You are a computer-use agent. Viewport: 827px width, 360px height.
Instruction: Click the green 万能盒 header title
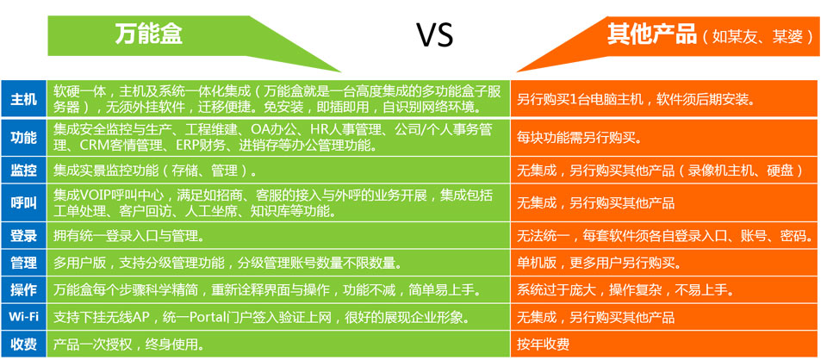[149, 34]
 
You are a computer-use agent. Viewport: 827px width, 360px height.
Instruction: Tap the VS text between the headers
[435, 35]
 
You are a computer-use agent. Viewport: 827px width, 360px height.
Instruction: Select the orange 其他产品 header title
[651, 34]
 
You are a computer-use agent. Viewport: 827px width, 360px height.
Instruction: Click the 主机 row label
[24, 98]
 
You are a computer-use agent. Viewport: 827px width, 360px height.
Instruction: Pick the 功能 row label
[24, 137]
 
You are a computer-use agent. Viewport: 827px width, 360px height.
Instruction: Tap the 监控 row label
[24, 171]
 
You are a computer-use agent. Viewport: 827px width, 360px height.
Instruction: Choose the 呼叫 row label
[24, 203]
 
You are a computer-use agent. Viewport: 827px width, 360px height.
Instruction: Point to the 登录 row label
[24, 236]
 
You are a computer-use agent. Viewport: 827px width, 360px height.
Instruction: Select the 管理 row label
[24, 263]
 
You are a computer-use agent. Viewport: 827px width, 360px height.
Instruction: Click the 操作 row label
[24, 289]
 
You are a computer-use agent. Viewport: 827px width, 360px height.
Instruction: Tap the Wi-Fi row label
[24, 317]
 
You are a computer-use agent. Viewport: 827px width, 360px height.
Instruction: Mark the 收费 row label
[24, 344]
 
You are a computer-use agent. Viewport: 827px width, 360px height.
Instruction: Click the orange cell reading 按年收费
[544, 344]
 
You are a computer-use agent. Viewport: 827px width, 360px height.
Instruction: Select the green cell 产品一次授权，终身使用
[128, 344]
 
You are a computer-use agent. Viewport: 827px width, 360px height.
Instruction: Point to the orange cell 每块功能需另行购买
[579, 137]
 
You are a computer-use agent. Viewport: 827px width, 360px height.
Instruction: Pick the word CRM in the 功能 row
[92, 145]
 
